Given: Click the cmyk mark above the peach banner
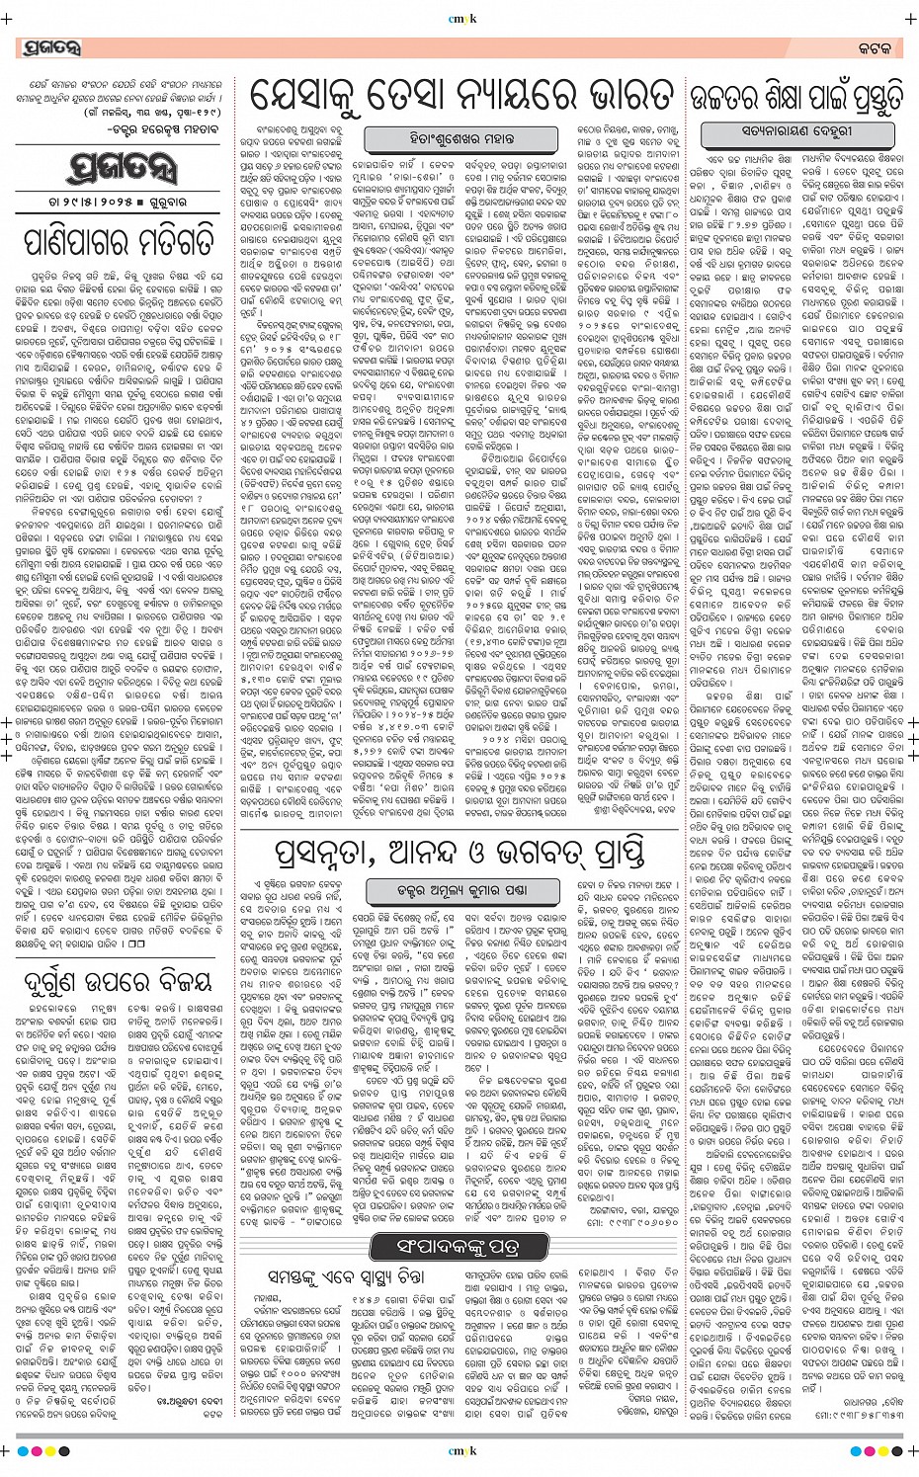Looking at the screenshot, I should point(460,14).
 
